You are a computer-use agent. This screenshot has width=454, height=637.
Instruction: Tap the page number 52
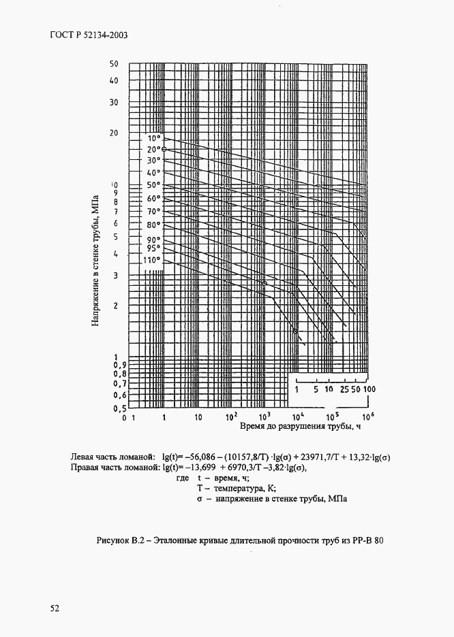[x=55, y=608]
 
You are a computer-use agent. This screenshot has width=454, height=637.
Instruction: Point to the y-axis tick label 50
[x=114, y=64]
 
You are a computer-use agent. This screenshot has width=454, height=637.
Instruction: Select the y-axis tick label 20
[x=114, y=133]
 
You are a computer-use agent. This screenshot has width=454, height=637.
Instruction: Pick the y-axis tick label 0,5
[x=119, y=408]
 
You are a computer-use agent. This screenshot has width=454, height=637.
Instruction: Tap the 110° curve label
[x=151, y=259]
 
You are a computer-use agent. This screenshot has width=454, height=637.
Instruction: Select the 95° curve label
[x=153, y=248]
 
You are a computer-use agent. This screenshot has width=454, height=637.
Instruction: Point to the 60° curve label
[x=153, y=198]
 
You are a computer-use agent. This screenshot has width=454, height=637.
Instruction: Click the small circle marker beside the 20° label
[x=164, y=149]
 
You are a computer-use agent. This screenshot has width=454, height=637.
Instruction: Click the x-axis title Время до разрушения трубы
[x=299, y=427]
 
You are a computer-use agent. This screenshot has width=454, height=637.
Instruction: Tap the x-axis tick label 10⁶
[x=367, y=416]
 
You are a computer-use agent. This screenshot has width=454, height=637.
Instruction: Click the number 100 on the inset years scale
[x=369, y=389]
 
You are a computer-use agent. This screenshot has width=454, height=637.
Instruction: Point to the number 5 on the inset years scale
[x=316, y=389]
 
